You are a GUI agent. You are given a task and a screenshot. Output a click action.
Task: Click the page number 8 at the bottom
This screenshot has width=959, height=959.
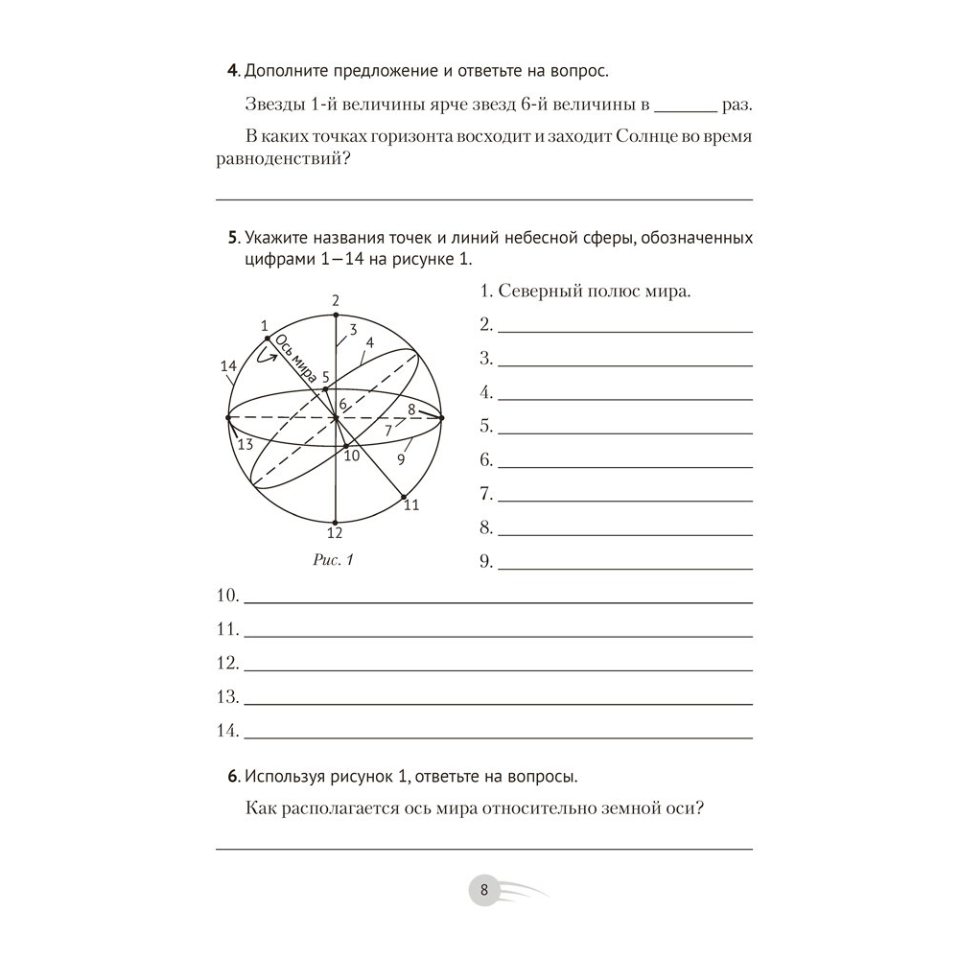click(x=484, y=890)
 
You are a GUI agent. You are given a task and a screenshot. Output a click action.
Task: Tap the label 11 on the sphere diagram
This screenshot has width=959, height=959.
click(x=411, y=505)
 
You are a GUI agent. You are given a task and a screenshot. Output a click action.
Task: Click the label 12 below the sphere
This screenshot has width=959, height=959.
click(x=335, y=533)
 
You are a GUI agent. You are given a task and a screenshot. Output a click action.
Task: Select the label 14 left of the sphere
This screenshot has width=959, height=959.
click(x=227, y=366)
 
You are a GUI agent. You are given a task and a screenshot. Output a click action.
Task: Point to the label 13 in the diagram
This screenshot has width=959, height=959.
click(x=245, y=443)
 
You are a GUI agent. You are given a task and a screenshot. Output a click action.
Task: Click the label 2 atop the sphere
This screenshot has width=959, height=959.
click(x=336, y=301)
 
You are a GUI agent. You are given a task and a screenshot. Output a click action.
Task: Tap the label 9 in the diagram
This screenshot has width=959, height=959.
click(x=401, y=459)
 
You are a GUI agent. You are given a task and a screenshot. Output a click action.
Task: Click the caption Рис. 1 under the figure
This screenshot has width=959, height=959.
click(x=334, y=561)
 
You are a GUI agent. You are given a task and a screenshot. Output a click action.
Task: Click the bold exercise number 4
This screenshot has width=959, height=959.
click(x=230, y=71)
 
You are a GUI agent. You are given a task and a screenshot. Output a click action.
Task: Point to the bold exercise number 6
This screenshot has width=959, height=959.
click(x=230, y=776)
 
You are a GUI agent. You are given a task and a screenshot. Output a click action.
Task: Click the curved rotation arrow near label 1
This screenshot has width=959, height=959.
click(x=266, y=357)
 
